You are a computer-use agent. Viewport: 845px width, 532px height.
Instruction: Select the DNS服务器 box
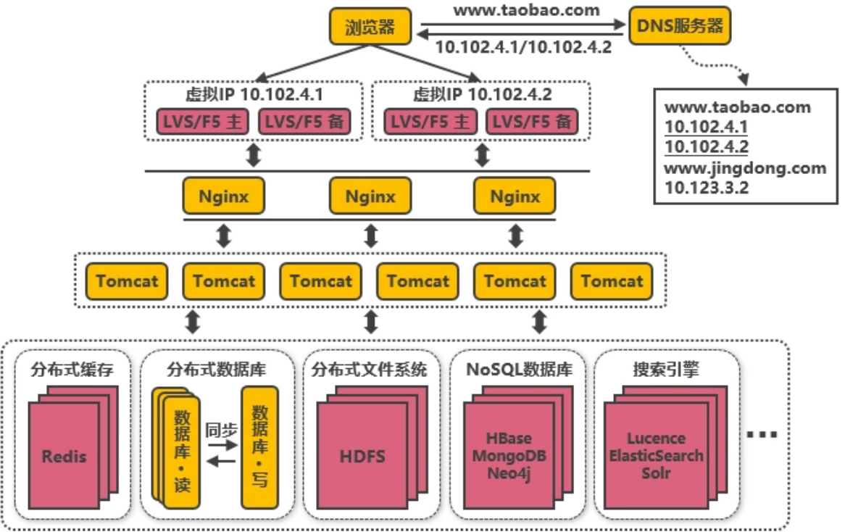[680, 27]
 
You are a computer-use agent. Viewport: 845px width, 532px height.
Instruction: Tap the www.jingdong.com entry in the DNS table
[745, 168]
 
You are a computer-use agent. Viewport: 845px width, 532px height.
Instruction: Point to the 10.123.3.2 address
[707, 187]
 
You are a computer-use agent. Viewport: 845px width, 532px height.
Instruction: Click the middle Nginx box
[370, 196]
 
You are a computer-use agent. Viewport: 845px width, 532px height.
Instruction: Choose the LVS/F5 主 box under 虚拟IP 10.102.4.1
[202, 122]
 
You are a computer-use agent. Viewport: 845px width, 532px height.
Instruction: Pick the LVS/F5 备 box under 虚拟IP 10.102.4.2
[531, 122]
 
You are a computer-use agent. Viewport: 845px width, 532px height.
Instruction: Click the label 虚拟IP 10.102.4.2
[482, 94]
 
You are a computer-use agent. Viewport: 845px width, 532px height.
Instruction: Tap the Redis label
[64, 457]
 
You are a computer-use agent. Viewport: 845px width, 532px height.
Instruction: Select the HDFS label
[362, 457]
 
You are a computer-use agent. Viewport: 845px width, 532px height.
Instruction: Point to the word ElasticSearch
[656, 456]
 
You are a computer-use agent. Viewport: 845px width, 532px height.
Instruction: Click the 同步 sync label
[221, 429]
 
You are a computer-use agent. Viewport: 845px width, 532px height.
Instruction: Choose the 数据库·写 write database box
[259, 446]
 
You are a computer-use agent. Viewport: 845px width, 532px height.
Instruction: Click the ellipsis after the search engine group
[761, 435]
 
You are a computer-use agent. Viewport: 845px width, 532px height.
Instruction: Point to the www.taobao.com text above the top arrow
[526, 10]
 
